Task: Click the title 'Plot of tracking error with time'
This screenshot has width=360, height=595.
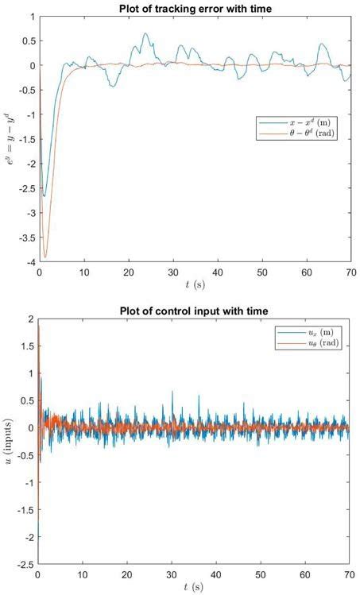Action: tap(195, 8)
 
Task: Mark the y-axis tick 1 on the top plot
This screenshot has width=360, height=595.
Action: tap(32, 17)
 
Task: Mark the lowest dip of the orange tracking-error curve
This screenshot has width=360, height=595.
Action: tap(45, 257)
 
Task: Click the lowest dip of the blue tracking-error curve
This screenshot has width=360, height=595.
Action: tap(45, 196)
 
